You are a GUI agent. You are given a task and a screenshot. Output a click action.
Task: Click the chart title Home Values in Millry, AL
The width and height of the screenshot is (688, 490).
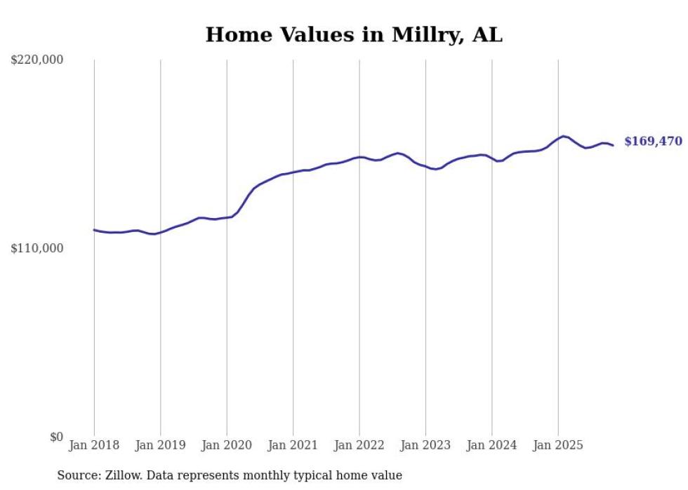(x=354, y=34)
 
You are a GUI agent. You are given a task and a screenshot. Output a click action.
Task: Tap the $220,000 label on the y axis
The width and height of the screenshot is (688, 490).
(x=37, y=60)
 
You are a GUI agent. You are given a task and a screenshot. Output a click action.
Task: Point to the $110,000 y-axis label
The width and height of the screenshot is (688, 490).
(x=37, y=248)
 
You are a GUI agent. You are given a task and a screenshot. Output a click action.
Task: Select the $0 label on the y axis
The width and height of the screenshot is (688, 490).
(x=56, y=437)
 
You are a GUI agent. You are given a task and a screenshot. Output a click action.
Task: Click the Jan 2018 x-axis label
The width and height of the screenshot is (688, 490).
(x=94, y=445)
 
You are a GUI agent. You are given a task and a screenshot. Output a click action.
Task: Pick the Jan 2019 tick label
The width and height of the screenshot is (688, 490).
(x=160, y=445)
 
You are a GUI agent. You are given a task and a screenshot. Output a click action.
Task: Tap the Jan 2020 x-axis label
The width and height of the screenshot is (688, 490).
(x=227, y=445)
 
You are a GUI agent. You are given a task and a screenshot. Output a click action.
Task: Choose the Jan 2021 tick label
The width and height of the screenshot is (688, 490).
(x=293, y=445)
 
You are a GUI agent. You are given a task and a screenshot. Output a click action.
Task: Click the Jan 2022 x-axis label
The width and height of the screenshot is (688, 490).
(x=359, y=445)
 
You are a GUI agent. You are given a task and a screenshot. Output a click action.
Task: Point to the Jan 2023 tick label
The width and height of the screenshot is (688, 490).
(x=425, y=445)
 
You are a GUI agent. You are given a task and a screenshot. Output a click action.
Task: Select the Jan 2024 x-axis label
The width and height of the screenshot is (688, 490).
(x=492, y=445)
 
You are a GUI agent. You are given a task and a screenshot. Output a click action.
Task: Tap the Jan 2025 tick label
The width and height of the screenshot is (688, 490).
(x=558, y=445)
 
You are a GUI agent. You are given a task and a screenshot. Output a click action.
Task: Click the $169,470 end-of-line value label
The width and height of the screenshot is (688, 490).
(x=653, y=142)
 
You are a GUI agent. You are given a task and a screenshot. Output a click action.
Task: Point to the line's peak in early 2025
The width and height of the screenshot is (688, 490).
(x=564, y=136)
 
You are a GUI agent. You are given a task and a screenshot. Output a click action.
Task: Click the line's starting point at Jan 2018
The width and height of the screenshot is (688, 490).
(x=94, y=230)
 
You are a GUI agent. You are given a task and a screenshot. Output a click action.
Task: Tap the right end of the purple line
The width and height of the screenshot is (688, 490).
(x=614, y=145)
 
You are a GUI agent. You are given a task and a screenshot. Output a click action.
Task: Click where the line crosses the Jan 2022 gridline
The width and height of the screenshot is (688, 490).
(x=359, y=157)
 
